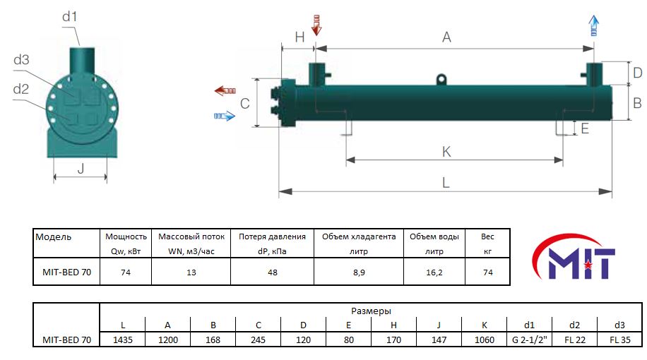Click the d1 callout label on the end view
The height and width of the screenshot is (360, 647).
pyautogui.click(x=69, y=16)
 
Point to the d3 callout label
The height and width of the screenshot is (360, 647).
pyautogui.click(x=21, y=60)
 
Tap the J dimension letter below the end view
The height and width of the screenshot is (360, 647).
pyautogui.click(x=81, y=168)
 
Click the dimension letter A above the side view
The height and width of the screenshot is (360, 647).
pyautogui.click(x=446, y=37)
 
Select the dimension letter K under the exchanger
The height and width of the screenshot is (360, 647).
pyautogui.click(x=446, y=152)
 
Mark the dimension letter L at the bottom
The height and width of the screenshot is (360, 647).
pyautogui.click(x=446, y=182)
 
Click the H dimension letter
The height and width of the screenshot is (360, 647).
pyautogui.click(x=299, y=37)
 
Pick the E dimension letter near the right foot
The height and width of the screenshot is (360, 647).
pyautogui.click(x=585, y=128)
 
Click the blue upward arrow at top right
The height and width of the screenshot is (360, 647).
pyautogui.click(x=594, y=25)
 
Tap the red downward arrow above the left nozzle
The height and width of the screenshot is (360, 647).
pyautogui.click(x=316, y=25)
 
